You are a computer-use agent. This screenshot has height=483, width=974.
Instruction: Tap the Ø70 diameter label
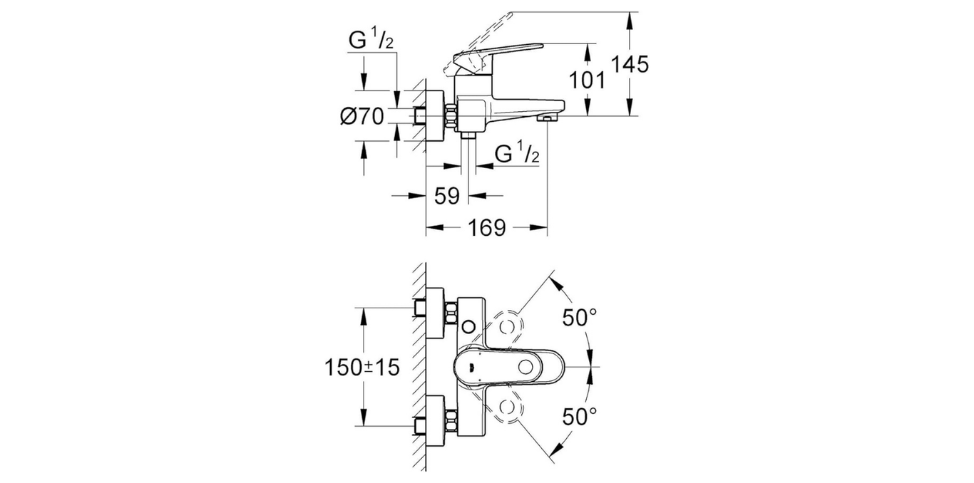pos(362,116)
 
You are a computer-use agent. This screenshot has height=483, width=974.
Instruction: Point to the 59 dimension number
pos(446,197)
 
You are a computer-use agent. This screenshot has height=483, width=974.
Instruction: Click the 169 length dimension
pos(487,228)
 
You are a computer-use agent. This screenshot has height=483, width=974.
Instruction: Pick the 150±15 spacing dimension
pos(362,368)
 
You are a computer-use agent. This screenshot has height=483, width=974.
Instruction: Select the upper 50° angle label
pos(579,318)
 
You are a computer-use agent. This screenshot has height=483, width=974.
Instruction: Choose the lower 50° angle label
pos(579,416)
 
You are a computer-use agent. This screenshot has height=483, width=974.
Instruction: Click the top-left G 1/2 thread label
pos(371,41)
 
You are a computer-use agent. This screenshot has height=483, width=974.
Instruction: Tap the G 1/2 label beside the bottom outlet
pos(517,153)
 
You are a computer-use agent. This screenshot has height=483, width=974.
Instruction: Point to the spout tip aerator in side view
pos(546,117)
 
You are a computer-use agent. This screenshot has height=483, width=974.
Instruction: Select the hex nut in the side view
pos(451,116)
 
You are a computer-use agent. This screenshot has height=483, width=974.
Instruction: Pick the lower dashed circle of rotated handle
pos(507,407)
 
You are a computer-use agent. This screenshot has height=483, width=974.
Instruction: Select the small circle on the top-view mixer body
pos(468,326)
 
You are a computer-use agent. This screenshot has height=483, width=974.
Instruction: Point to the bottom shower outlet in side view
pos(468,135)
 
